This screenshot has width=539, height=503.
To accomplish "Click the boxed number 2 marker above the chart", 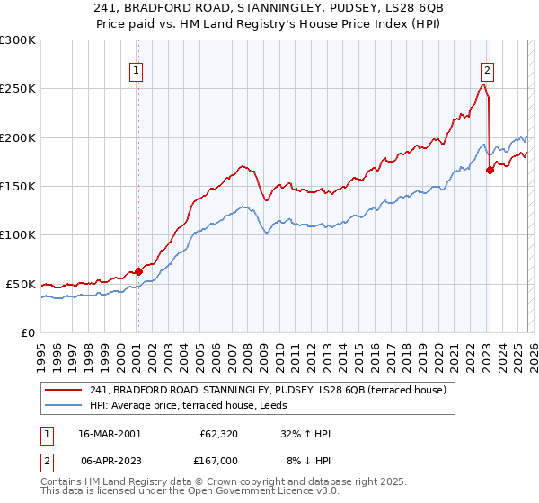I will [487, 69].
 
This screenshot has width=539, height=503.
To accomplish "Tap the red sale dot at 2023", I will [490, 170].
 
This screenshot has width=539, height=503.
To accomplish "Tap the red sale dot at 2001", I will [138, 271].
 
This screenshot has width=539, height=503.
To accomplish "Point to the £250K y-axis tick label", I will [17, 89].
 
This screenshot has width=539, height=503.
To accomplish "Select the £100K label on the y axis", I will [17, 234].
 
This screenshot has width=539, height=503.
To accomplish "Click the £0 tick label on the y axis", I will [29, 332].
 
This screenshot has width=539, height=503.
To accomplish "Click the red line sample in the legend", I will [63, 389].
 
